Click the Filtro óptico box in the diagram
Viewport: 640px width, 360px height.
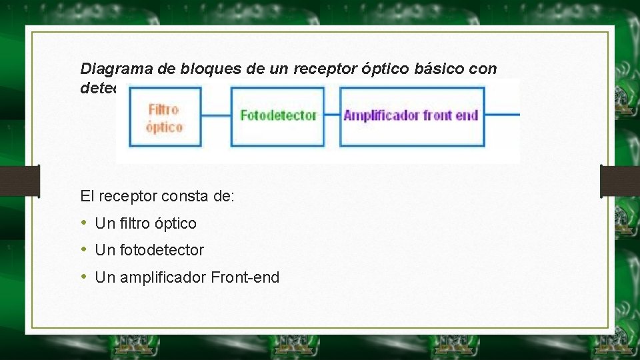pyautogui.click(x=165, y=117)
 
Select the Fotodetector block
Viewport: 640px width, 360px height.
pyautogui.click(x=277, y=116)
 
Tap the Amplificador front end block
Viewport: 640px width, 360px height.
pyautogui.click(x=411, y=116)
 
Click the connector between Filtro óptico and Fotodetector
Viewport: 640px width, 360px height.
pyautogui.click(x=216, y=116)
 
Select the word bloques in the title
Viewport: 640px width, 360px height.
pyautogui.click(x=191, y=68)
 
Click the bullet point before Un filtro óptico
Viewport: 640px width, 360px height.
pyautogui.click(x=83, y=223)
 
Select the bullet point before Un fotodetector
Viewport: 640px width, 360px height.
pyautogui.click(x=83, y=250)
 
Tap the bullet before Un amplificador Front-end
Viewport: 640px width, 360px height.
pyautogui.click(x=83, y=277)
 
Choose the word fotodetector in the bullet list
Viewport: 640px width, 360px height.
pyautogui.click(x=162, y=251)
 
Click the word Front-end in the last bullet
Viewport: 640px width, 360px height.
pyautogui.click(x=245, y=277)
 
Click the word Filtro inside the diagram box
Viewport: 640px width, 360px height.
pyautogui.click(x=164, y=109)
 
